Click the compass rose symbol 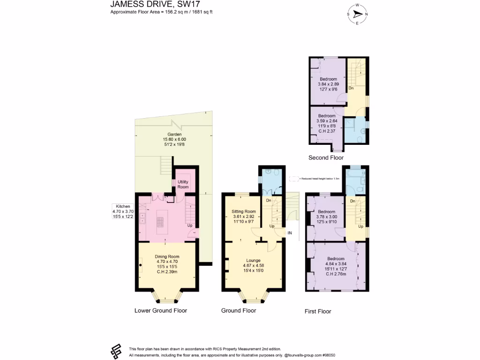click(357, 14)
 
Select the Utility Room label click(183, 184)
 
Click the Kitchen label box click(123, 211)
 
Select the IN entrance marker click(290, 233)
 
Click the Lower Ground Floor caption click(160, 310)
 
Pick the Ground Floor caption click(239, 310)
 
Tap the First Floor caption click(318, 311)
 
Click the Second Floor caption click(326, 158)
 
